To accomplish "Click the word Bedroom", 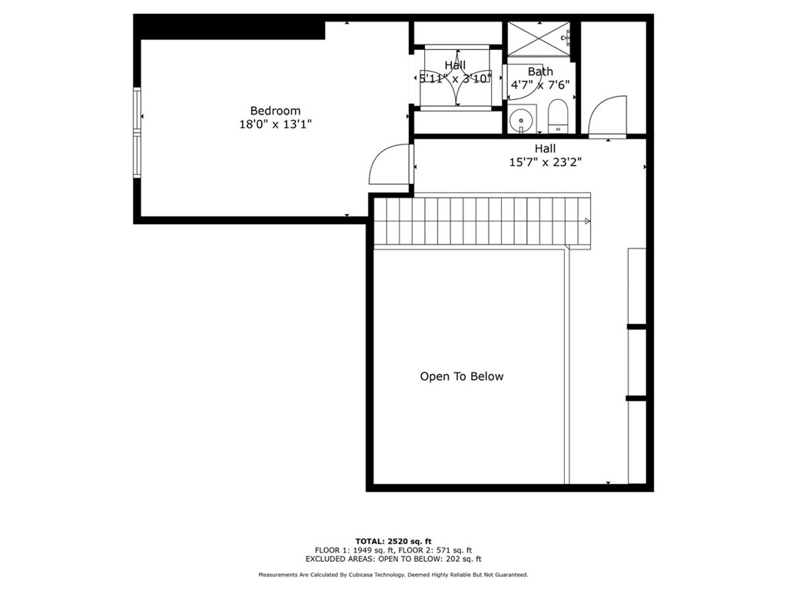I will click(x=275, y=111).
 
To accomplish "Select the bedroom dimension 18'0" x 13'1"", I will click(x=275, y=124).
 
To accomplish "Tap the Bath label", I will click(x=540, y=72).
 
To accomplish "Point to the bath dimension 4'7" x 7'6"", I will click(x=540, y=85).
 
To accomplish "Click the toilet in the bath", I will click(x=557, y=115).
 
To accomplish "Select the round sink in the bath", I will click(x=522, y=120).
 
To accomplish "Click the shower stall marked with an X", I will click(x=538, y=38).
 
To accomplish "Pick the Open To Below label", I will click(x=461, y=376).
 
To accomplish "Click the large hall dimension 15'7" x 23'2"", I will click(x=545, y=162).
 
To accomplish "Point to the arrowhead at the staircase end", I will click(x=587, y=222).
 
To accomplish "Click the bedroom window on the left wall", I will click(x=138, y=132).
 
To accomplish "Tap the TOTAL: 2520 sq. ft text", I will click(x=393, y=541).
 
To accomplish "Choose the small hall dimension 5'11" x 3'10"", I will click(x=455, y=78).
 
